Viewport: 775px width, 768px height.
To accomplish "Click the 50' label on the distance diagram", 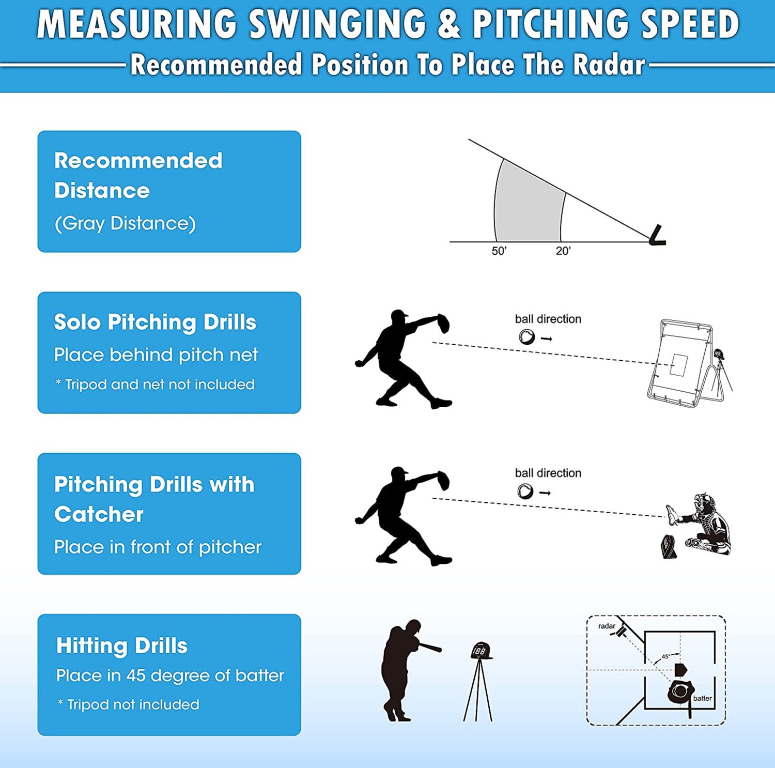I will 499,251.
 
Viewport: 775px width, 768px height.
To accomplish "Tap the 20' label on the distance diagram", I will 563,251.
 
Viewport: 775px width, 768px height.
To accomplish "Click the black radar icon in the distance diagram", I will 658,236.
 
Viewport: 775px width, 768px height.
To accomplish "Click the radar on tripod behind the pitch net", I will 719,355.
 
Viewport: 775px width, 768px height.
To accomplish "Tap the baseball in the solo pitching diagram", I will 526,337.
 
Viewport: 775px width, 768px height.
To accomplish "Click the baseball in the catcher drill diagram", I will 525,491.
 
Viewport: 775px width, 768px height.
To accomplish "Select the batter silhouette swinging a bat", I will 403,669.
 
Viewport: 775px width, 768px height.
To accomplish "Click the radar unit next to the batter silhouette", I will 481,651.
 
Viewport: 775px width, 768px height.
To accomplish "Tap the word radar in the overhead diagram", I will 607,626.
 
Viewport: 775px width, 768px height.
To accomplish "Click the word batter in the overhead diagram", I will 702,698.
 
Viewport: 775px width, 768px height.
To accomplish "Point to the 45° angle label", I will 666,656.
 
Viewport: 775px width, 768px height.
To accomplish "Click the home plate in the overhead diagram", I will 680,670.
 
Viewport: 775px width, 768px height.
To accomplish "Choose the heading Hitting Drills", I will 122,646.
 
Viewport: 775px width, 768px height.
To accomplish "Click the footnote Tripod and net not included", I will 155,385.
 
